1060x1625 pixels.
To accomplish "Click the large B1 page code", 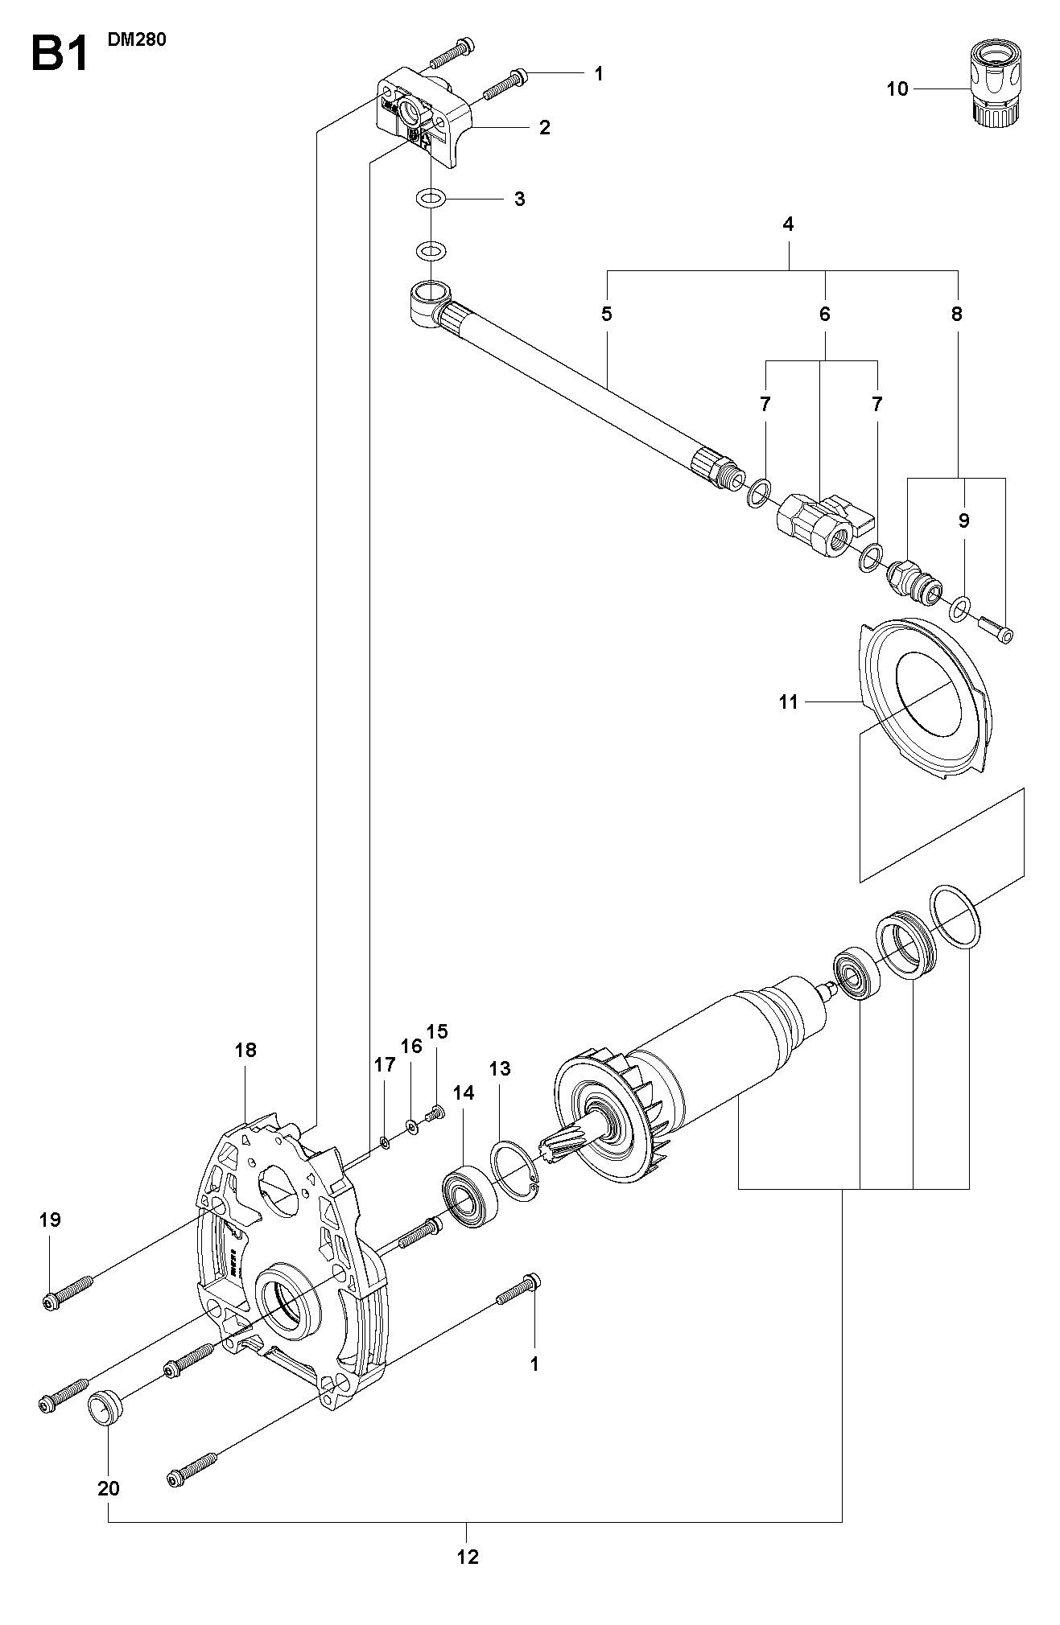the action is (x=59, y=53).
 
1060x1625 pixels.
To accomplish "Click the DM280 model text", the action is (x=137, y=39).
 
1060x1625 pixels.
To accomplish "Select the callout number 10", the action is (x=897, y=88).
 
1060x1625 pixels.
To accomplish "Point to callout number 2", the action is (x=545, y=127).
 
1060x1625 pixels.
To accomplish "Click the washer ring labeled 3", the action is (x=432, y=197).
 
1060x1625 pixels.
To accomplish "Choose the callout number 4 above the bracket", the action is (x=788, y=224).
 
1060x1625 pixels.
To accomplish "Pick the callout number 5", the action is (x=607, y=314).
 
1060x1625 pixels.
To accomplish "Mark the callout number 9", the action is (x=964, y=520).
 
